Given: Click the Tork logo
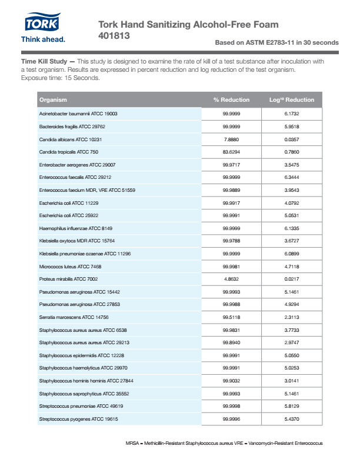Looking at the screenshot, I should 43,22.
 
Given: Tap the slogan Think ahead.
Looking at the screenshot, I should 43,39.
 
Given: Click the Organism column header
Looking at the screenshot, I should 53,99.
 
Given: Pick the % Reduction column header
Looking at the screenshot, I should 231,99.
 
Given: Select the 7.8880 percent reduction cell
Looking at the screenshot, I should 231,139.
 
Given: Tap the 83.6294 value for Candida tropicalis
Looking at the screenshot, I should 231,152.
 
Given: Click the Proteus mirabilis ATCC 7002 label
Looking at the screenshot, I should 68,279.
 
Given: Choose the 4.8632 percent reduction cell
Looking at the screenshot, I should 231,279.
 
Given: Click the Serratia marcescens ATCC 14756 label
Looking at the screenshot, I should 72,317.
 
